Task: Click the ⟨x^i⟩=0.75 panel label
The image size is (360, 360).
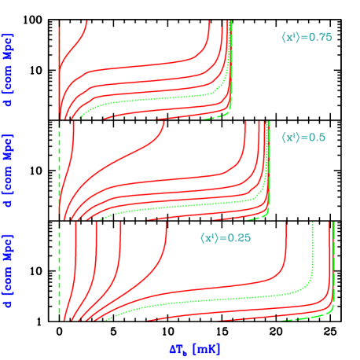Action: (x=307, y=37)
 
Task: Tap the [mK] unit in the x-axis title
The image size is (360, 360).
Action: (x=208, y=346)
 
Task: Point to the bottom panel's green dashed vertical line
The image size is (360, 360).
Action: (x=61, y=267)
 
